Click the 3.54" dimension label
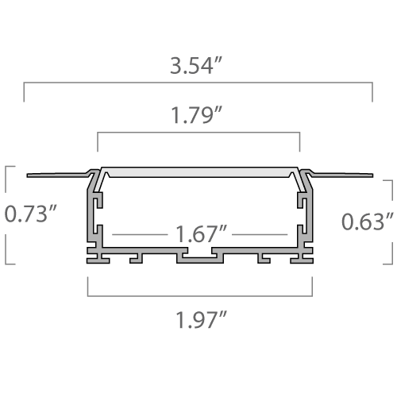coord(195,65)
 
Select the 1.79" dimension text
coord(196,115)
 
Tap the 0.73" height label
coord(31,214)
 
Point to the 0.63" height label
coord(368,222)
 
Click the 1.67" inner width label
coord(201,234)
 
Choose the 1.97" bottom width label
coord(201,320)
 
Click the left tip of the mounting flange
coord(27,175)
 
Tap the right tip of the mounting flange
coord(372,175)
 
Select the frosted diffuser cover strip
coord(199,172)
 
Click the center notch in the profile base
coord(199,253)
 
